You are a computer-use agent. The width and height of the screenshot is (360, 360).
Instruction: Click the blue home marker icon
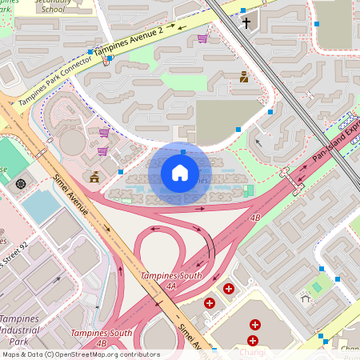point(180,173)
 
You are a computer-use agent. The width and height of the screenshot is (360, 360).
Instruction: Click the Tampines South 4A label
point(170,280)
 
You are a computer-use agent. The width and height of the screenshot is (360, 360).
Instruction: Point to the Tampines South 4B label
point(102,337)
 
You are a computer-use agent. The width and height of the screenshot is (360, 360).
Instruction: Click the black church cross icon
point(247,23)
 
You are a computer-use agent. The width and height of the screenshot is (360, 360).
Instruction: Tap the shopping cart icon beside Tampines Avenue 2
point(203,38)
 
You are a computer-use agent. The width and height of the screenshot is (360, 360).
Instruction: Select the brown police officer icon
point(244,78)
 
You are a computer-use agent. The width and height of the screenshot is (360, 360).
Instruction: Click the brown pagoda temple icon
point(95,176)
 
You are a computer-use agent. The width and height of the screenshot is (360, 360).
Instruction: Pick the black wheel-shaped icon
point(20,184)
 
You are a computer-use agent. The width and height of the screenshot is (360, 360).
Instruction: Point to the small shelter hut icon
point(305,299)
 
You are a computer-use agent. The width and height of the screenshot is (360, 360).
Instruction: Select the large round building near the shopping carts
point(72,143)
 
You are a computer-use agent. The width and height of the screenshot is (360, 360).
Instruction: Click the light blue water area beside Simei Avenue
point(40,206)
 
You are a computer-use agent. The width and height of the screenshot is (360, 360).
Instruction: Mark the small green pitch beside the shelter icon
point(318,286)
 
